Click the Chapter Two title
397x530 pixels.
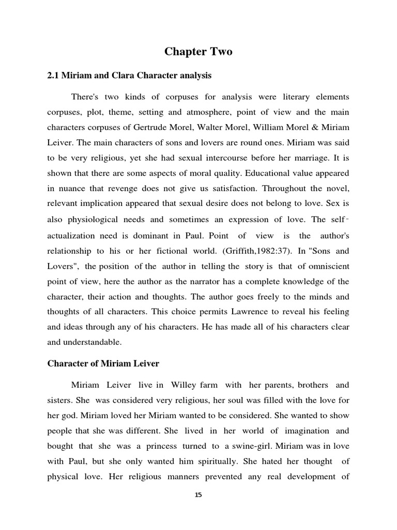coord(198,51)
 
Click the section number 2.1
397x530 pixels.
coord(53,76)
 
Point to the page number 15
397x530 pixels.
coord(198,495)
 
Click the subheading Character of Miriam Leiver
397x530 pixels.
coord(103,364)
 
